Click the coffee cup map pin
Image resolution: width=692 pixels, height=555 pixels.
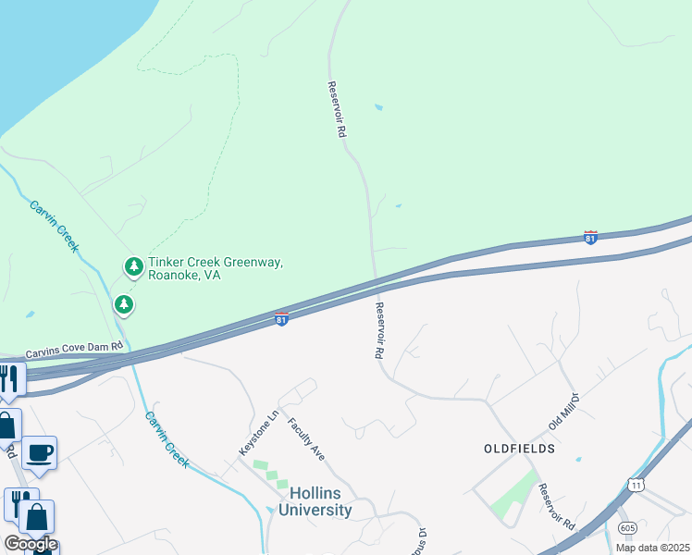pyautogui.click(x=39, y=453)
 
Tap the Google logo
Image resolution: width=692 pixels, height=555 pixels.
pyautogui.click(x=31, y=543)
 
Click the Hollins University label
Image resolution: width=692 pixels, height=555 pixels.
pyautogui.click(x=307, y=501)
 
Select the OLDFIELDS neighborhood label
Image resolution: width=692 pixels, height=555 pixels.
pyautogui.click(x=519, y=448)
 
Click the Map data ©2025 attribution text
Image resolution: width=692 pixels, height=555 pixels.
pyautogui.click(x=652, y=548)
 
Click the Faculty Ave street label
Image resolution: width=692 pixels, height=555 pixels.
pyautogui.click(x=306, y=438)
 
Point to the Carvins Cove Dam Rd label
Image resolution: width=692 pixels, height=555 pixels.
pyautogui.click(x=74, y=351)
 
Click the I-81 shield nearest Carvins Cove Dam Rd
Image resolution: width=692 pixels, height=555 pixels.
pyautogui.click(x=281, y=320)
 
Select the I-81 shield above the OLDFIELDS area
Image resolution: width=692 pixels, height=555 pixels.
pyautogui.click(x=590, y=238)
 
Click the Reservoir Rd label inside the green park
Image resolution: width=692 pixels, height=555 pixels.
pyautogui.click(x=336, y=109)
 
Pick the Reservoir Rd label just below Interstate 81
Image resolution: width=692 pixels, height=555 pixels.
pyautogui.click(x=379, y=330)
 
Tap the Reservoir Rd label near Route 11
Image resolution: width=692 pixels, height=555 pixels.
pyautogui.click(x=556, y=508)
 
